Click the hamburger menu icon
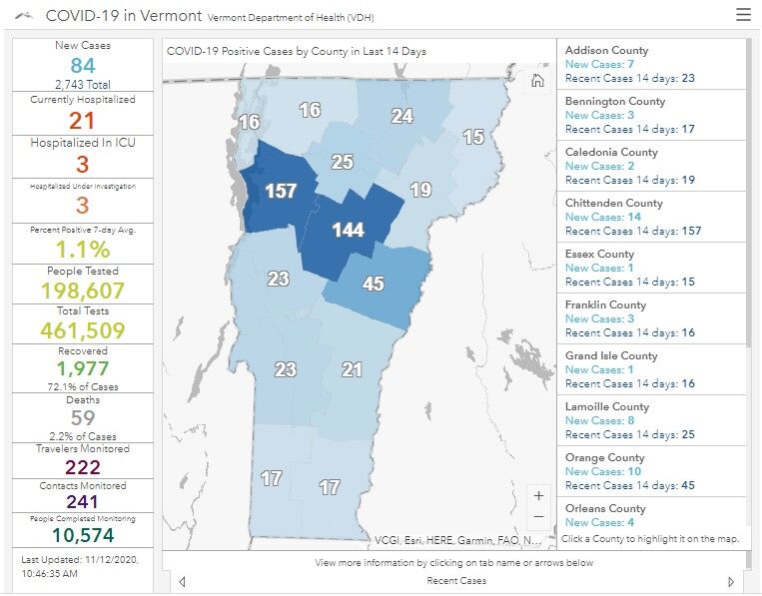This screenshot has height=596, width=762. click(x=743, y=15)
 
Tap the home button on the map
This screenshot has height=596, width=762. click(x=537, y=81)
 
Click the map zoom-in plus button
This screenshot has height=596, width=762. click(x=539, y=495)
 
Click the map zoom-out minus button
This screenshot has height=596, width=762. click(x=539, y=517)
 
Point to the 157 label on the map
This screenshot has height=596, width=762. click(x=281, y=190)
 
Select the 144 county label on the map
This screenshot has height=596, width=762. click(x=348, y=230)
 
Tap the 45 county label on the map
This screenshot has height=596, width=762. click(x=373, y=285)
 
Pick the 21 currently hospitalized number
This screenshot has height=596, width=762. click(x=83, y=121)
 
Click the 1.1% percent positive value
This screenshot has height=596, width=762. click(x=83, y=249)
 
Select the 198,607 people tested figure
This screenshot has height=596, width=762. click(x=83, y=291)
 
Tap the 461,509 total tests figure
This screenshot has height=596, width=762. click(x=83, y=330)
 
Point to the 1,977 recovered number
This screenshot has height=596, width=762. click(x=83, y=369)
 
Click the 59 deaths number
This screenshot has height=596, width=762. click(x=83, y=418)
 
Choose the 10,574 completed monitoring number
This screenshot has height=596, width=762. click(x=83, y=536)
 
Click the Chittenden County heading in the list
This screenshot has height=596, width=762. click(x=613, y=203)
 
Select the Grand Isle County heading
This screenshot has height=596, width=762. click(x=611, y=355)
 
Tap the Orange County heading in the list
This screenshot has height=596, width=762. click(x=604, y=457)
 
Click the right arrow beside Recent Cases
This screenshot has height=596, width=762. click(x=731, y=582)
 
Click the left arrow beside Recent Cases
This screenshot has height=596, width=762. click(x=182, y=582)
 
